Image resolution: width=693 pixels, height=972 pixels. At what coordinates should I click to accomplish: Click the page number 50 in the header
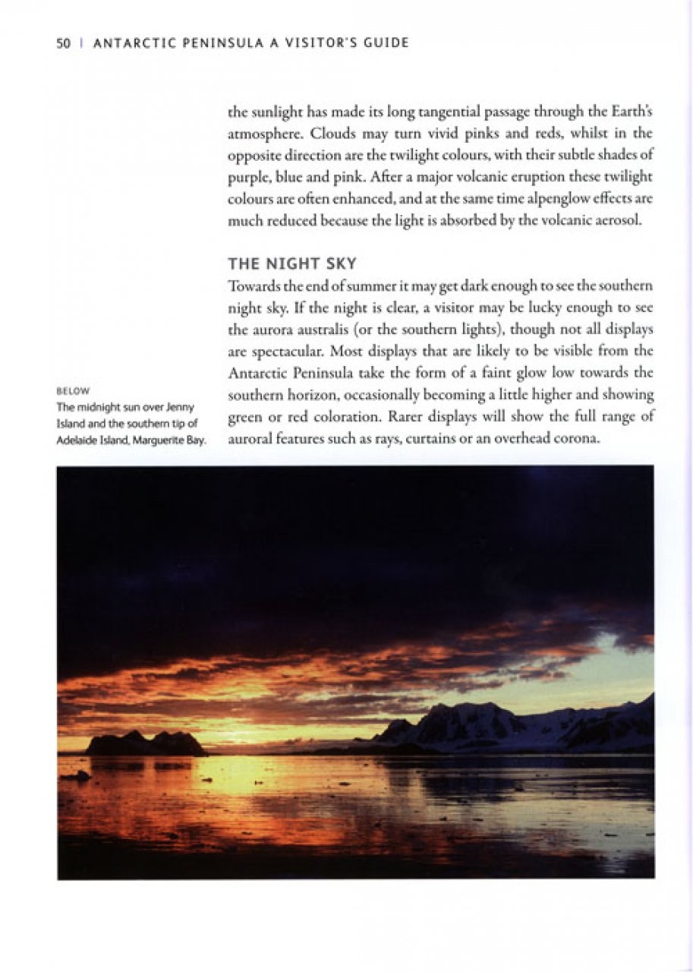coord(63,43)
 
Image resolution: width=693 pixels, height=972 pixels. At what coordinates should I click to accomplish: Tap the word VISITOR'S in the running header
coord(314,43)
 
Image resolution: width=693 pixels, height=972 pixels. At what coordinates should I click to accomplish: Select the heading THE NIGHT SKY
coord(292,264)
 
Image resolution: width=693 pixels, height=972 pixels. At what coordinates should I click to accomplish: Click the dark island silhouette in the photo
coord(144,743)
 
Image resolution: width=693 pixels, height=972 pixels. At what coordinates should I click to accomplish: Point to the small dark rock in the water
coord(76,776)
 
